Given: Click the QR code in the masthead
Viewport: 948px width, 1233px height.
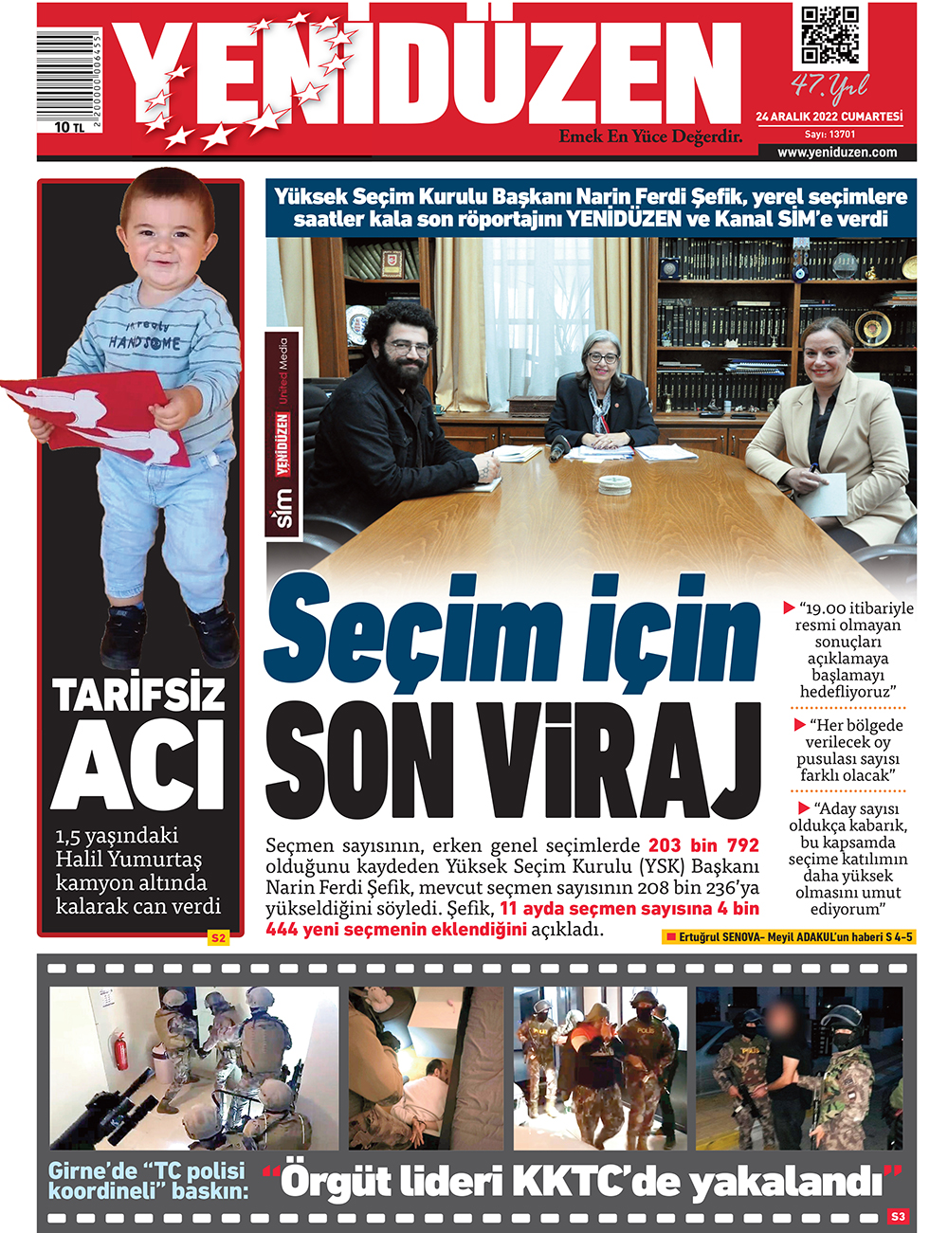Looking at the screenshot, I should [830, 37].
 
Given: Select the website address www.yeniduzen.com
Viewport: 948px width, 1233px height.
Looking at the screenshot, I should [836, 152].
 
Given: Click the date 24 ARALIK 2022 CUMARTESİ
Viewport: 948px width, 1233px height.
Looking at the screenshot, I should [829, 117].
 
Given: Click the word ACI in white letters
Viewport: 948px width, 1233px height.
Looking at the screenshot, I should [137, 764].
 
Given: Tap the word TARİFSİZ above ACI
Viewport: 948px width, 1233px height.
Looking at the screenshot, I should [139, 695].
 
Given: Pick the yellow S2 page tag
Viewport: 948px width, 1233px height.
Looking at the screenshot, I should [219, 938].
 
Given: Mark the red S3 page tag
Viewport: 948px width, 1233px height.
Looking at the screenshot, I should [898, 1216].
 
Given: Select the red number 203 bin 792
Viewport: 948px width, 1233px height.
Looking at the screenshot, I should [703, 845].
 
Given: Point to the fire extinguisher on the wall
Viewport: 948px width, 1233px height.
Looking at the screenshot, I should [120, 1052].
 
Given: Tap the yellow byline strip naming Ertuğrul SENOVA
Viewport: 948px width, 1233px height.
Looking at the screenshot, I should [789, 937].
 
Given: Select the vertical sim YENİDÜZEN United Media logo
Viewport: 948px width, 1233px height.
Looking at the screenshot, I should [283, 436].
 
